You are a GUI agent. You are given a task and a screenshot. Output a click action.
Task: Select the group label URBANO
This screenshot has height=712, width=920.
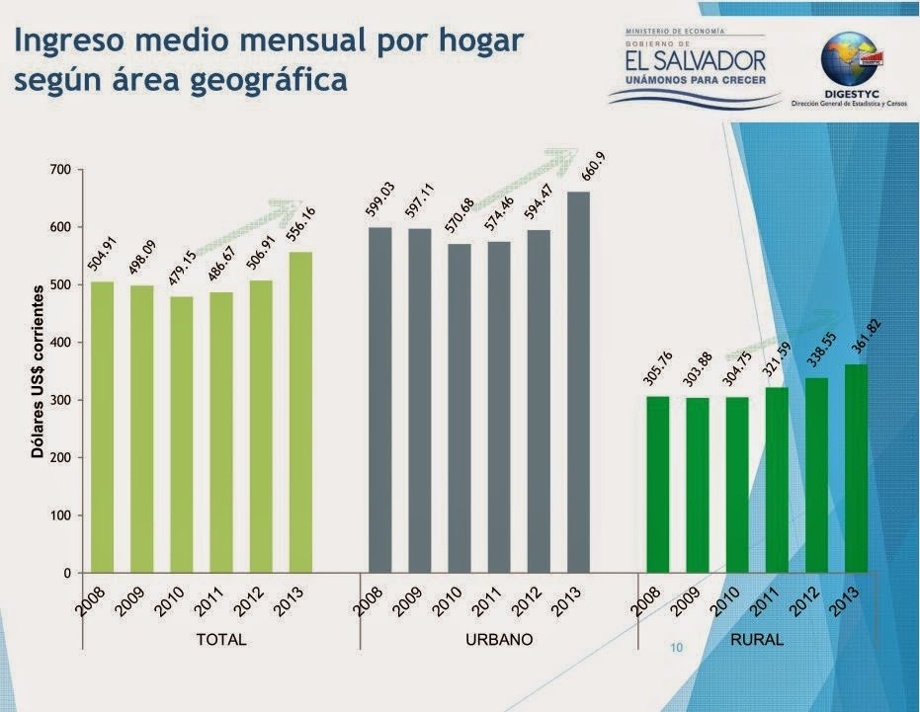[499, 640]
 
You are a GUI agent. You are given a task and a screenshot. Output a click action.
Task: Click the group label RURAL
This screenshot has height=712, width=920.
[757, 640]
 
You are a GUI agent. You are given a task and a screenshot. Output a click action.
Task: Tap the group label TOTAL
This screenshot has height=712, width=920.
[221, 640]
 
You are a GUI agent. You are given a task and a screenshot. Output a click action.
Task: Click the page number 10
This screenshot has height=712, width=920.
[677, 649]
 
